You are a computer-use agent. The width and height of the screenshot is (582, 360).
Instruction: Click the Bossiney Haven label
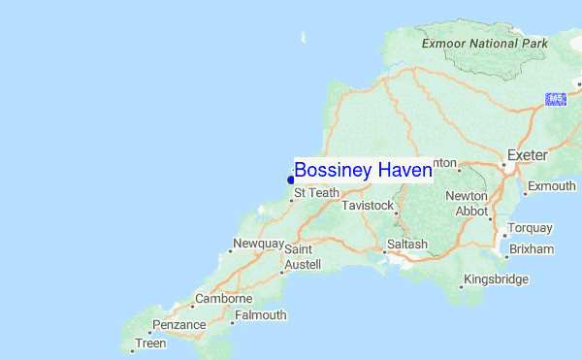point(363,171)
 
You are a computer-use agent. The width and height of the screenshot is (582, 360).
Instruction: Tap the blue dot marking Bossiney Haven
point(290,180)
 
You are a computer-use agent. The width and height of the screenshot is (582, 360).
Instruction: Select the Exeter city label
point(528,155)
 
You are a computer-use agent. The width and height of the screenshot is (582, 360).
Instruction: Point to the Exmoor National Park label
point(485,44)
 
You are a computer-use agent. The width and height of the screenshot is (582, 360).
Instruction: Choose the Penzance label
point(178,324)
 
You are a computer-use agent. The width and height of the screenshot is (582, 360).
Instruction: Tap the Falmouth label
point(260,315)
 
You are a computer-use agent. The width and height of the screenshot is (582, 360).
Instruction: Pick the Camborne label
point(224,299)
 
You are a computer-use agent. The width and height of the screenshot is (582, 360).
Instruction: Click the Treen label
point(150,344)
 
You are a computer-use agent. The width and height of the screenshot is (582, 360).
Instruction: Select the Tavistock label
point(367,206)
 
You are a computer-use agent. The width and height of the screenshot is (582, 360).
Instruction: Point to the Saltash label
point(406,245)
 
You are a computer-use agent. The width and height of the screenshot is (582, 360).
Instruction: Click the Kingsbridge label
point(496,279)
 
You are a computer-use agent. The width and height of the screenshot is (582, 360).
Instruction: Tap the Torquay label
point(531,228)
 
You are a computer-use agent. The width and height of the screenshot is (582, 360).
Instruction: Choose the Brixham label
point(531,249)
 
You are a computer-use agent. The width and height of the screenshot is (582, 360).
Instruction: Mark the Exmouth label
point(551,185)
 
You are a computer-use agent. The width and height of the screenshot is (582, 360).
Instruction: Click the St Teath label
point(316,193)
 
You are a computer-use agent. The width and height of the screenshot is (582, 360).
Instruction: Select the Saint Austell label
point(298,256)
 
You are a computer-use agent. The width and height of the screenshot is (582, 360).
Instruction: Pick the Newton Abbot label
point(466,203)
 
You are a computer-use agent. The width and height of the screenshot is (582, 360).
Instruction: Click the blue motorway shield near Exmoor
point(556,99)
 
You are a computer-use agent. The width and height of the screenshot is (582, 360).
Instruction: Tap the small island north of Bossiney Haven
point(304,38)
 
